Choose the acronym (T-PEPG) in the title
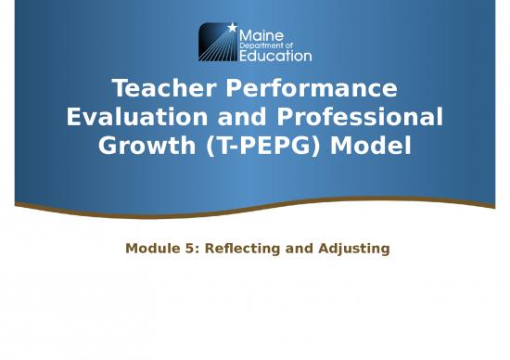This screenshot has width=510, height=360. [275, 147]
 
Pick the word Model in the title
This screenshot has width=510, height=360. [378, 147]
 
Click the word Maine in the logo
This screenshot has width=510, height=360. [261, 33]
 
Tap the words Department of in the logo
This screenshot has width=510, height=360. [266, 45]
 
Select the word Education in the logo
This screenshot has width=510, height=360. [275, 56]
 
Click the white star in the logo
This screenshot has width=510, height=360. [231, 28]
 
